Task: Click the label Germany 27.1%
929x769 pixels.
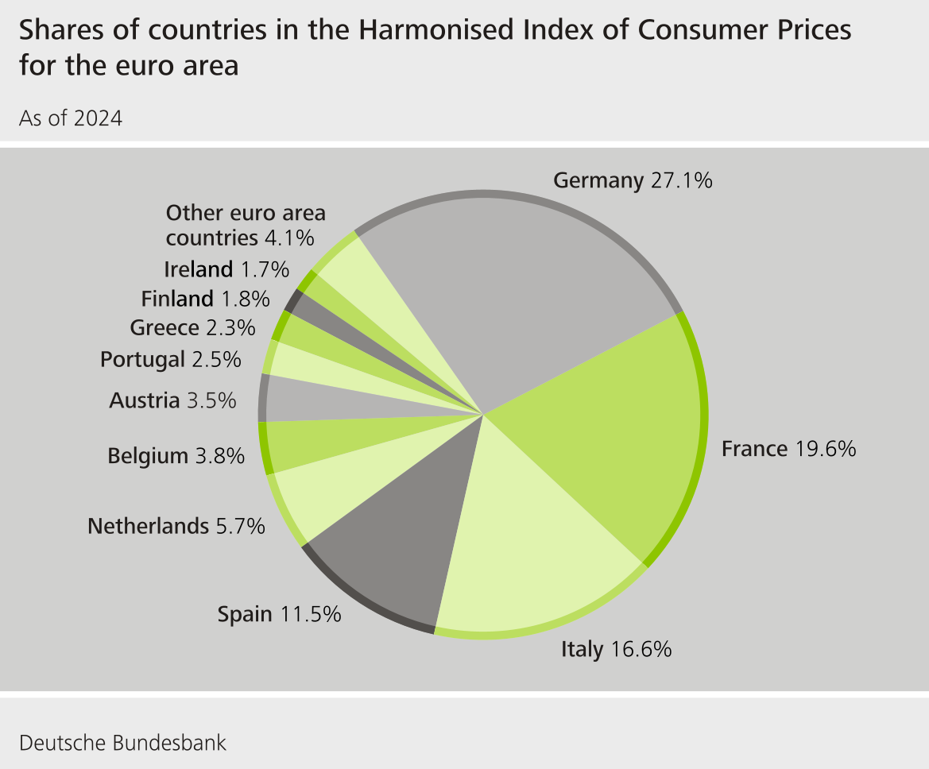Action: click(x=633, y=181)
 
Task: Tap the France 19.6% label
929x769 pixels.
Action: click(x=788, y=450)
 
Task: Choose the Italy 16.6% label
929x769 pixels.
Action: click(x=617, y=650)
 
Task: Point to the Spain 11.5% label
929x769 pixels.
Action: click(x=280, y=614)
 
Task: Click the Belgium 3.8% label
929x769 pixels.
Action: click(x=176, y=457)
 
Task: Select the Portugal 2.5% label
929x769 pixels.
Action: click(x=170, y=360)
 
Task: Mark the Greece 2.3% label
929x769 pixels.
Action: click(x=192, y=327)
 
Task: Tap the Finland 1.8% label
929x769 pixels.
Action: click(x=205, y=299)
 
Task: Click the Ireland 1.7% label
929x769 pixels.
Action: click(x=226, y=270)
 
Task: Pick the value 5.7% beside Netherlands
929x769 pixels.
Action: click(x=241, y=526)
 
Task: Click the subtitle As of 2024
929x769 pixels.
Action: click(x=71, y=119)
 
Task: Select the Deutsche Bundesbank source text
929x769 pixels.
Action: click(x=122, y=744)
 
